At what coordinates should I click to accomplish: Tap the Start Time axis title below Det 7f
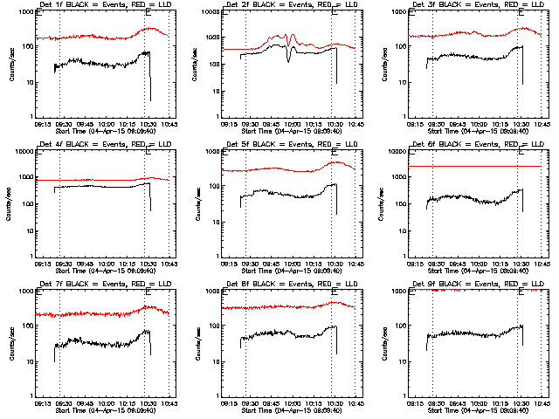pyautogui.click(x=99, y=410)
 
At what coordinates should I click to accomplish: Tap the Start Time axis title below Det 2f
pyautogui.click(x=289, y=131)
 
